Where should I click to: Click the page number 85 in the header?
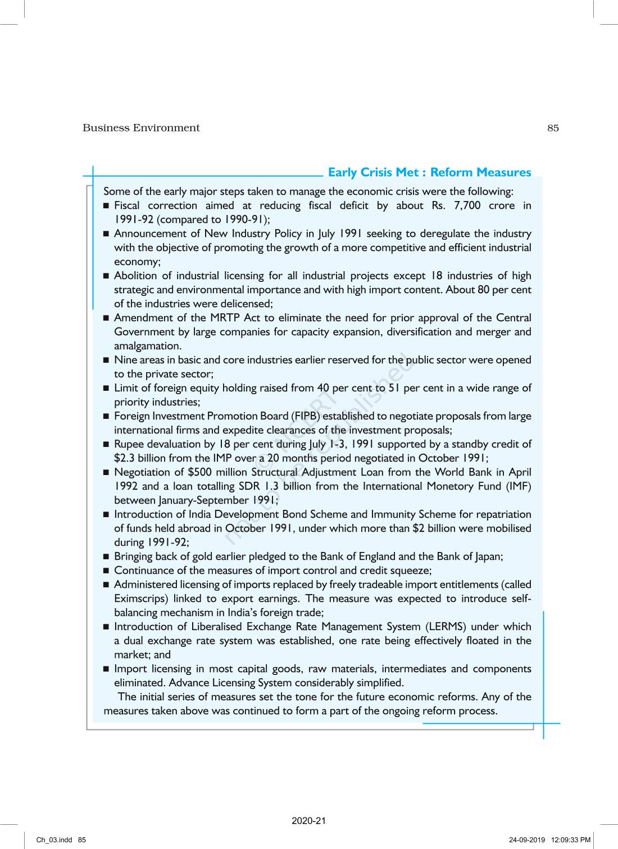point(553,128)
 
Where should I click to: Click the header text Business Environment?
point(141,128)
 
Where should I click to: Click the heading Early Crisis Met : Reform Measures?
point(429,172)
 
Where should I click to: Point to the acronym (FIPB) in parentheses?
point(306,416)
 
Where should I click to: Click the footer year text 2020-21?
point(308,821)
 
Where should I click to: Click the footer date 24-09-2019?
point(527,840)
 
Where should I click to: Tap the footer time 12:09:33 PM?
point(571,840)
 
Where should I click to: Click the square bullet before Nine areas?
point(106,360)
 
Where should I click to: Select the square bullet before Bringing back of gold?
point(106,557)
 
